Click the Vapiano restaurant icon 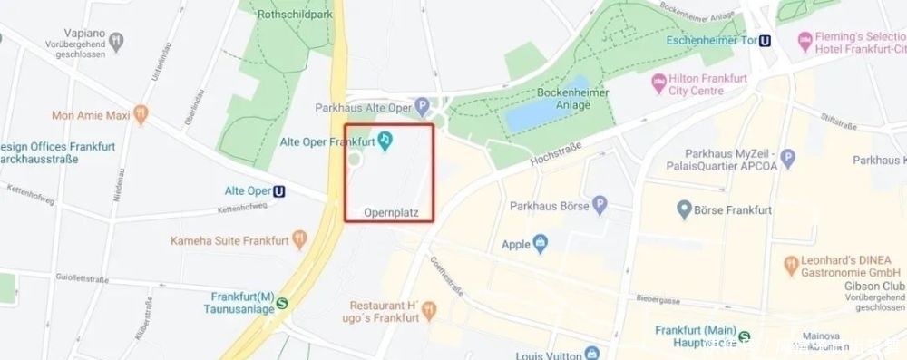pyautogui.click(x=117, y=41)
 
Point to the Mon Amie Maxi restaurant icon pyautogui.click(x=141, y=115)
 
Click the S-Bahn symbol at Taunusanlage pyautogui.click(x=283, y=304)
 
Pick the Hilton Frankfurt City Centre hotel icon pyautogui.click(x=658, y=85)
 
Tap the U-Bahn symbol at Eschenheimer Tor pyautogui.click(x=766, y=40)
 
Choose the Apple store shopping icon pyautogui.click(x=541, y=244)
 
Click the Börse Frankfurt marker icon pyautogui.click(x=686, y=210)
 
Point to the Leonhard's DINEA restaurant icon pyautogui.click(x=791, y=264)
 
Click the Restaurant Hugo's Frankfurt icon pyautogui.click(x=428, y=313)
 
